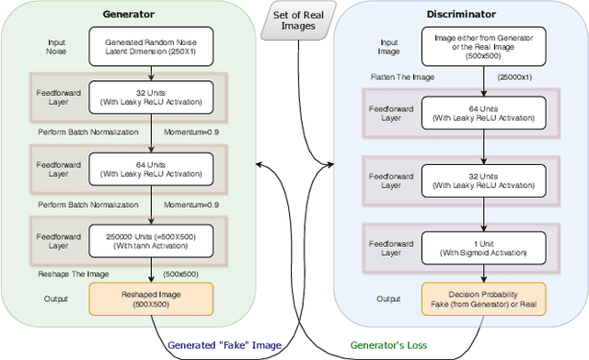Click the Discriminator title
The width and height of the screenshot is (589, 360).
[462, 16]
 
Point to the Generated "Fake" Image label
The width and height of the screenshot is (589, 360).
[220, 346]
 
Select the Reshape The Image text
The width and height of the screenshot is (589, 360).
[74, 273]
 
